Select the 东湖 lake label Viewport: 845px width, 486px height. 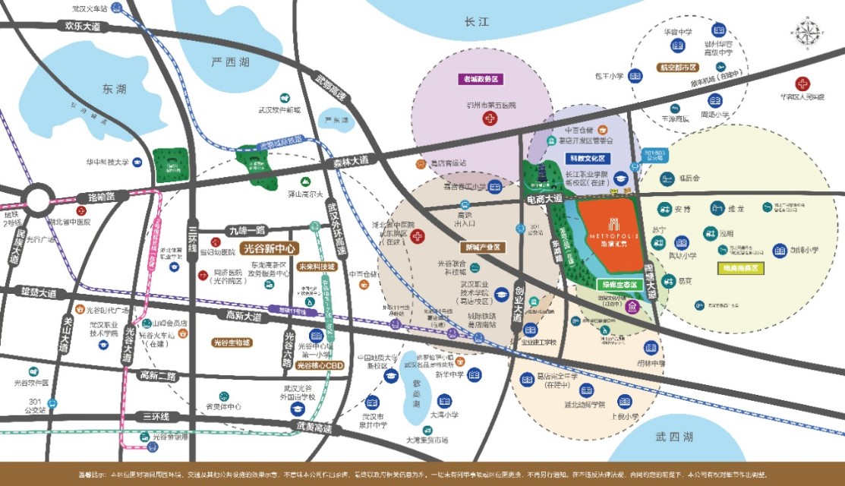coord(112,89)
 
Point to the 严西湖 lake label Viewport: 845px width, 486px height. coord(230,62)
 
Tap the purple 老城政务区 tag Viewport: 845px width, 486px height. coord(482,78)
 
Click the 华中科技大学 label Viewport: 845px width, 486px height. coord(108,161)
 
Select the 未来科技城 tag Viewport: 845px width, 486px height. coord(316,267)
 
